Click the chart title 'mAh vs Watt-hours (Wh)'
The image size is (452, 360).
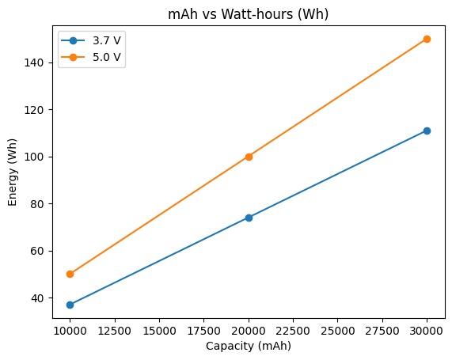click(249, 14)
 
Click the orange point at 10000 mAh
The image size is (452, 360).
click(70, 274)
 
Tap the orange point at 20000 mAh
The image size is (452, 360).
click(249, 157)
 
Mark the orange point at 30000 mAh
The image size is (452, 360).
click(427, 39)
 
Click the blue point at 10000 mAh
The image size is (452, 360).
click(70, 305)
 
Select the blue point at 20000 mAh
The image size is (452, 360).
click(249, 218)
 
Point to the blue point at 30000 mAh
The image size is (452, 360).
click(427, 131)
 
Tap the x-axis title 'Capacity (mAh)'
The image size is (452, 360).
click(249, 346)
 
